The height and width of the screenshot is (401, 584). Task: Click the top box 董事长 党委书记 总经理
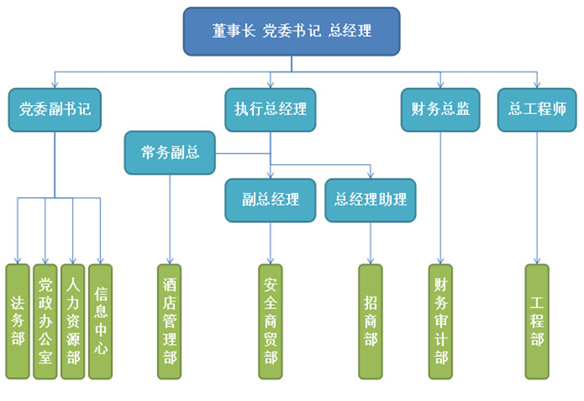[x=292, y=31]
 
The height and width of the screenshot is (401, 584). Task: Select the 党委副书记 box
[x=55, y=109]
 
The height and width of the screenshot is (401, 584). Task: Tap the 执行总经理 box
[x=270, y=109]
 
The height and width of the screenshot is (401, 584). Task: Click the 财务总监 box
[x=440, y=109]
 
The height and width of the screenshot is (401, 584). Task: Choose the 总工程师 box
[x=537, y=109]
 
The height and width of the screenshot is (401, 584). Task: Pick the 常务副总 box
[x=170, y=153]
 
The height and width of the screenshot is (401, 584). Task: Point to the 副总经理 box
[x=270, y=200]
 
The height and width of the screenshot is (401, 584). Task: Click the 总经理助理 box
[x=370, y=200]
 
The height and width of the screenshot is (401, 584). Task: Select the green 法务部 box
[x=18, y=321]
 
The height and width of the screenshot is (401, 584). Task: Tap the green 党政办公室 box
[x=45, y=321]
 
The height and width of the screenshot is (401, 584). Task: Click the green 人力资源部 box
[x=73, y=321]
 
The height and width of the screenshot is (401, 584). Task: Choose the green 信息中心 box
[x=100, y=321]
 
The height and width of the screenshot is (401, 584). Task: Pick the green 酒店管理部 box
[x=170, y=321]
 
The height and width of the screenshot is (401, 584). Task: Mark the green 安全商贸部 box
[x=270, y=321]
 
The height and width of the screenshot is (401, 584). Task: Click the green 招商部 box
[x=370, y=321]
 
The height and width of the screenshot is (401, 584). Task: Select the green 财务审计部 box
[x=441, y=321]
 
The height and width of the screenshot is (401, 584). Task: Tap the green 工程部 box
[x=537, y=321]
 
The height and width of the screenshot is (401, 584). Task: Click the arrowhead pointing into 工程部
[x=537, y=260]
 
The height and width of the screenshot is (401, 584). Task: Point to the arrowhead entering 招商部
[x=370, y=260]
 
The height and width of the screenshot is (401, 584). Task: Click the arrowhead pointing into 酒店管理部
[x=170, y=260]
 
